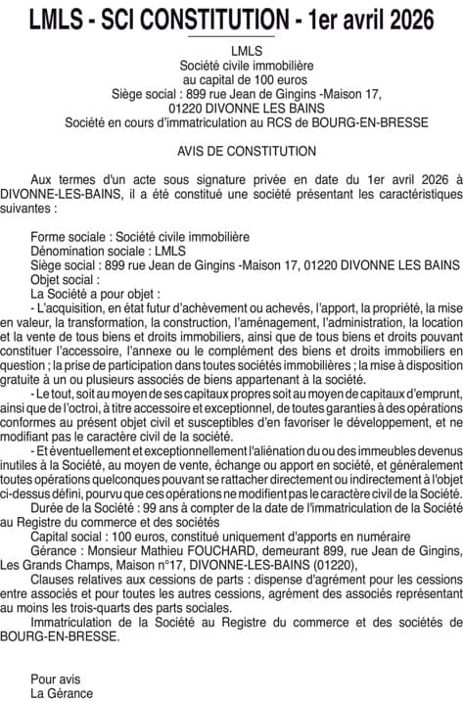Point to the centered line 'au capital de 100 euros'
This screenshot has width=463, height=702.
tap(232, 78)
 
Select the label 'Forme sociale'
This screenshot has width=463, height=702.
tap(69, 237)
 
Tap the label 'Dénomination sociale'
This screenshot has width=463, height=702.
tap(89, 251)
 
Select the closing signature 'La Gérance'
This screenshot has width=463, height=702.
tap(62, 692)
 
